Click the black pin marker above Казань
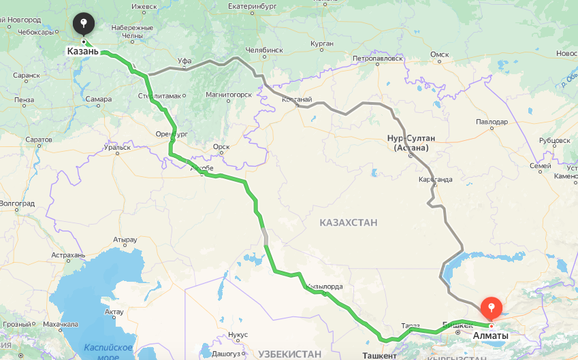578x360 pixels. [x=83, y=24]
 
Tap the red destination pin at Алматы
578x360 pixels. [x=491, y=309]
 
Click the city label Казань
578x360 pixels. [x=83, y=51]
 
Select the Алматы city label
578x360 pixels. [x=490, y=336]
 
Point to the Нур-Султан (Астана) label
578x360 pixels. [x=411, y=142]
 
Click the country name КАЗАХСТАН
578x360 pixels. [x=349, y=223]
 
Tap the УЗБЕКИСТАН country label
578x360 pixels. [x=289, y=354]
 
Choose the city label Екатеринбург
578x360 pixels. [x=255, y=7]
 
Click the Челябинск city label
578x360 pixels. [x=263, y=50]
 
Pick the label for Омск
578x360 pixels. [x=440, y=54]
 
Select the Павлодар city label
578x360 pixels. [x=492, y=122]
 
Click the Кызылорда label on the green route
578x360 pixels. [x=325, y=287]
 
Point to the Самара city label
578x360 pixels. [x=99, y=99]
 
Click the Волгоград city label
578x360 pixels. [x=17, y=203]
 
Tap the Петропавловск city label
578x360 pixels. [x=375, y=59]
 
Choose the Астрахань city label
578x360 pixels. [x=68, y=255]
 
